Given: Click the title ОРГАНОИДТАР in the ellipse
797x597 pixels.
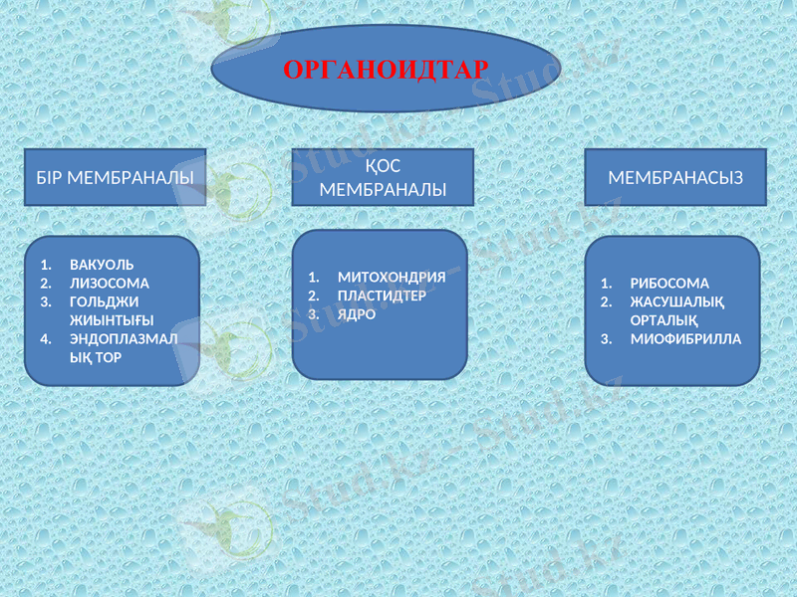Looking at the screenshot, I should tap(386, 70).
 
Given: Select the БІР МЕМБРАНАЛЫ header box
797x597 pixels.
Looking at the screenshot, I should tap(115, 177).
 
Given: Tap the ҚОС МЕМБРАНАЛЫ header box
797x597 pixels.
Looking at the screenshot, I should tap(383, 177).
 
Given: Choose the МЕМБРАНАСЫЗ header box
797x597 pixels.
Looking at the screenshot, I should tap(674, 177).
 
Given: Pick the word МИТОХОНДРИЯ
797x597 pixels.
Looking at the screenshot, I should tap(392, 278).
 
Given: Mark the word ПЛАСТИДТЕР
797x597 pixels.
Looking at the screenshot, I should tap(382, 296).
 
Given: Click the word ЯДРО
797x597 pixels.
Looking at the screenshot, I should tap(357, 314).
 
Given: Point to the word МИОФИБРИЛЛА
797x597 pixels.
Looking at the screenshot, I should tap(685, 338).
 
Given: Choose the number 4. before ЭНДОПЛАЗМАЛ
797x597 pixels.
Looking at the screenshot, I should tap(46, 338).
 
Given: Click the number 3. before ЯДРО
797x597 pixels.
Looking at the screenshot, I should tap(313, 314).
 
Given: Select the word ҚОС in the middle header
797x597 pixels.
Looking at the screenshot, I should tap(382, 166).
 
